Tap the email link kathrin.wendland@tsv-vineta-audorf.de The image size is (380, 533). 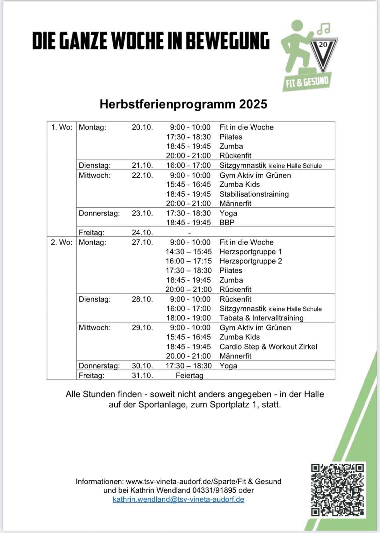click(179, 499)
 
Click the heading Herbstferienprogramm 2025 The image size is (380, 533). click(184, 104)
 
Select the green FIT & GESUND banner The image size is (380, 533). click(307, 82)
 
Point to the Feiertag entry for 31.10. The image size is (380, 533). click(190, 375)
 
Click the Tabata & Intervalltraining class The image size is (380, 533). click(261, 318)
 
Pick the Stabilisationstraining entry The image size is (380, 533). click(254, 194)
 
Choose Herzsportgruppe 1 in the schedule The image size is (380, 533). click(250, 252)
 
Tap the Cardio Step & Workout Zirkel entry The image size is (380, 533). click(268, 346)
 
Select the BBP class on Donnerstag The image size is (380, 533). click(227, 223)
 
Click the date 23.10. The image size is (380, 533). click(142, 213)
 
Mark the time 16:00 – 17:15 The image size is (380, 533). click(189, 261)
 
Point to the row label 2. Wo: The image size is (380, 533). click(62, 242)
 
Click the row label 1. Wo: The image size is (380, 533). click(62, 127)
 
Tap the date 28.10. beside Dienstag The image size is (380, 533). click(142, 299)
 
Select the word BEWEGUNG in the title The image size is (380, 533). click(227, 41)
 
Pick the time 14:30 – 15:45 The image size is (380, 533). click(189, 252)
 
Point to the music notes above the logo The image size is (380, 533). click(323, 28)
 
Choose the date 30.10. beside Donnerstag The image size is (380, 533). click(142, 366)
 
